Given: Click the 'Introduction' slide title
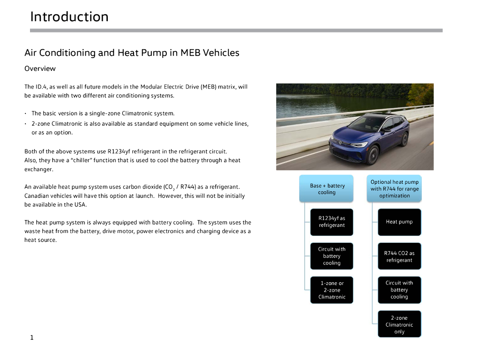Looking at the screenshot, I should point(69,17).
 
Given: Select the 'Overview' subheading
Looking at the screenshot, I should point(40,69).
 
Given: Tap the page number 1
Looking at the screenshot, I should point(31,337).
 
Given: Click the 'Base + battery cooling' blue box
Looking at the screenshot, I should point(327,189).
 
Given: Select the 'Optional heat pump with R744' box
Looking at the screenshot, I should point(394,189).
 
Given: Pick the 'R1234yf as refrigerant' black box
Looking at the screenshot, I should point(331,222).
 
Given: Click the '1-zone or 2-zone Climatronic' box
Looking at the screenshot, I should point(331,290).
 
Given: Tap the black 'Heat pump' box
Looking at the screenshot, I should point(399,222).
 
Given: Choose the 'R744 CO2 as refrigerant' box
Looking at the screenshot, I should point(399,256).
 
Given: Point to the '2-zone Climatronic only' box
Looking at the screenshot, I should point(399,324).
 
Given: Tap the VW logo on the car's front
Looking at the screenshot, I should point(341,142).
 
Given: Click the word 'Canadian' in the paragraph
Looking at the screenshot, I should point(38,196).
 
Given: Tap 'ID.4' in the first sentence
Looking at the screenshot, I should point(42,87).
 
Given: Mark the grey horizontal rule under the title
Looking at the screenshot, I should point(236,30).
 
